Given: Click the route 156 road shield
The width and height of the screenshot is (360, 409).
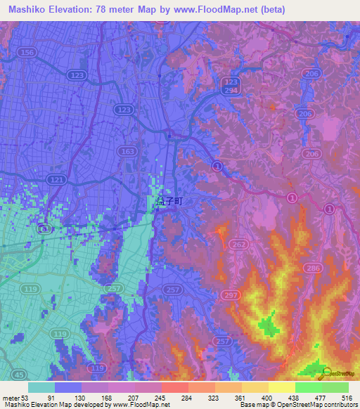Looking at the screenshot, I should click(28, 53).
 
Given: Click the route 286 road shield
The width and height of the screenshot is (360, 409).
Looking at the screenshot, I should click(314, 268).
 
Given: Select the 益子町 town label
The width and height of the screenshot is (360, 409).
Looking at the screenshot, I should click(169, 201).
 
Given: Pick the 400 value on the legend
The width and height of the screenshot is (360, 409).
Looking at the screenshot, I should click(269, 398).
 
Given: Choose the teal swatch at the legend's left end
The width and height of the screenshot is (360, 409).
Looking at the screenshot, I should click(41, 387).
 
